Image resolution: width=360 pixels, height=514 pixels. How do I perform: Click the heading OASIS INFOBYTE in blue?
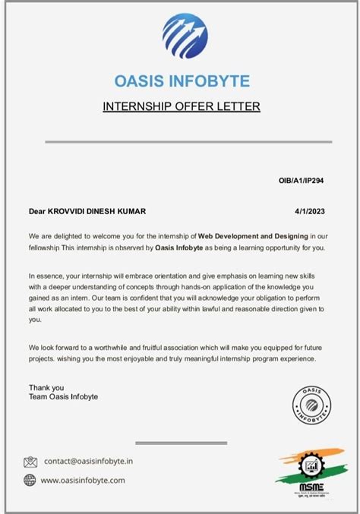[181, 81]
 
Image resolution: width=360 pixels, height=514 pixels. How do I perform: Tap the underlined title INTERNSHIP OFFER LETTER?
[181, 106]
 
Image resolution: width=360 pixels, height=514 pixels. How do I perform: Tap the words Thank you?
[46, 387]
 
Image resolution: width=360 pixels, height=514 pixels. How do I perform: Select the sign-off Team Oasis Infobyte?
[63, 396]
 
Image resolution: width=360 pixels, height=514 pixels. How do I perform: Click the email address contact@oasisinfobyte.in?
[88, 461]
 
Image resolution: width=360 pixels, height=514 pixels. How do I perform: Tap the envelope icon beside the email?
[30, 462]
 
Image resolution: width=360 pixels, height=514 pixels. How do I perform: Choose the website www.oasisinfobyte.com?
[83, 480]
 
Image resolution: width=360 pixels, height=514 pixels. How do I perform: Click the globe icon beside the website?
[30, 480]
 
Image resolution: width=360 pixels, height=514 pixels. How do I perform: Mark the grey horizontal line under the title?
[181, 142]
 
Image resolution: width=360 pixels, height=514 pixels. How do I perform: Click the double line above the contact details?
[181, 442]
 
